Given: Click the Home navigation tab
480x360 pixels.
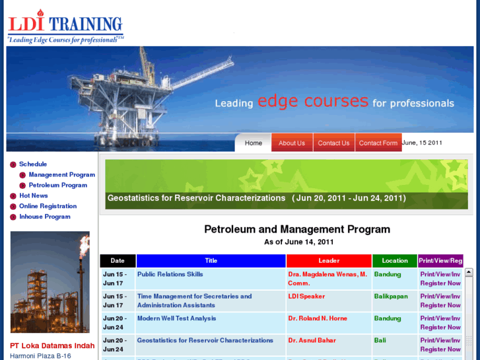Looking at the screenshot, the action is (253, 143).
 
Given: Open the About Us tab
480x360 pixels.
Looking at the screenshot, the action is (292, 143).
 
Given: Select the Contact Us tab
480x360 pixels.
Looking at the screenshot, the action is (333, 143).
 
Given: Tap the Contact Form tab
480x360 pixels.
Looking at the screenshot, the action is (378, 143).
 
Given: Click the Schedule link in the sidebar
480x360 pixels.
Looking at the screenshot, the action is (33, 164).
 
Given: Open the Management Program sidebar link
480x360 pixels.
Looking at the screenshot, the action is (62, 174).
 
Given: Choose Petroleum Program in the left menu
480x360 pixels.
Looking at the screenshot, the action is (58, 185).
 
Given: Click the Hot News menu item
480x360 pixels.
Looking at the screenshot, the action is (34, 196).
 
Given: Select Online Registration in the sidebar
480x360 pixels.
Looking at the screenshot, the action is (48, 206).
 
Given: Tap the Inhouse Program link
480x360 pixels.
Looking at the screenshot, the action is (45, 217).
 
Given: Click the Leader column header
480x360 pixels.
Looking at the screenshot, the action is (329, 261).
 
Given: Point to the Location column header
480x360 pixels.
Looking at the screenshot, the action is (395, 261).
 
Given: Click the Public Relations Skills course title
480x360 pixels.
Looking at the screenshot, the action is (170, 274).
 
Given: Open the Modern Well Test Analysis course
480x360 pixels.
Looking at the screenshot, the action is (177, 318).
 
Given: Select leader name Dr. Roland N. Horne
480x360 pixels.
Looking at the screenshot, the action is (318, 318).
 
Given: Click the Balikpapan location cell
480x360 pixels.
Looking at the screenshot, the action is (391, 297).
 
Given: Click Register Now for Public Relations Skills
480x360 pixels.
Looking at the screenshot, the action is (440, 283).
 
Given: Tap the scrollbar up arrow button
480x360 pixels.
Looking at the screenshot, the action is (469, 272).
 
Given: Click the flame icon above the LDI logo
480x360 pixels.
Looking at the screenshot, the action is (40, 13).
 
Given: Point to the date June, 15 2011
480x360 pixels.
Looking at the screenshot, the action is (422, 143).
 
